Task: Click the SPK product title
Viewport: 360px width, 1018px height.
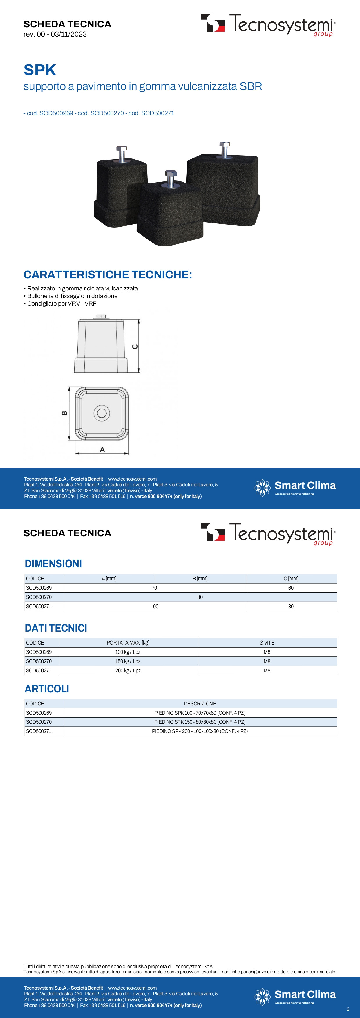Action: point(40,70)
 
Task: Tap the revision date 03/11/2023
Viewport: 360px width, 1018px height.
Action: point(69,34)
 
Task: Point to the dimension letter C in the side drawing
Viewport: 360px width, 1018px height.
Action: point(135,346)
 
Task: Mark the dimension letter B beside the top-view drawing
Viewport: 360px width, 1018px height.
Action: point(64,413)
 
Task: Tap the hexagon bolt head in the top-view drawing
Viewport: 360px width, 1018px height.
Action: point(102,413)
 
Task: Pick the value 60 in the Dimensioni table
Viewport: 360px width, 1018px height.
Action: point(291,588)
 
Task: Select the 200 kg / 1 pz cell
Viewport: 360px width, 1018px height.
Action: point(128,671)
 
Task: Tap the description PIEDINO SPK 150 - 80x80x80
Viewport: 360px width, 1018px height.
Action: point(200,722)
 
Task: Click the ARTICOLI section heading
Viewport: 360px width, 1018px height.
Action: point(47,689)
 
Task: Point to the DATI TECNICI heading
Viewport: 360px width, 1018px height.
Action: point(56,628)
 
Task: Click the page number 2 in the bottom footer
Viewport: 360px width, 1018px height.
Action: point(348,1009)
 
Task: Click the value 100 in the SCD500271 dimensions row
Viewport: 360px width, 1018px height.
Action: point(155,607)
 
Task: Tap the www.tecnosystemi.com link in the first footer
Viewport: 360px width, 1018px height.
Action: point(132,479)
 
